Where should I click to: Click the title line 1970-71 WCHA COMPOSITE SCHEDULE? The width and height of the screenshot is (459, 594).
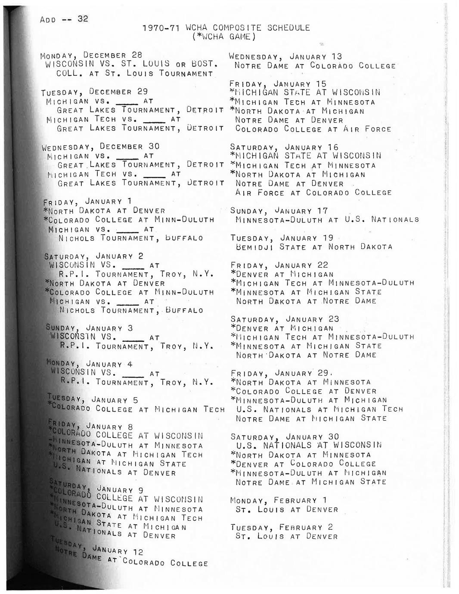[226, 28]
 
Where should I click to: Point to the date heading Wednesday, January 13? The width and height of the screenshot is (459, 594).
[285, 56]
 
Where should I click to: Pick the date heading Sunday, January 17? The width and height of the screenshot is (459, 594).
[279, 211]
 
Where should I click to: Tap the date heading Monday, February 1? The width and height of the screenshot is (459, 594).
[279, 501]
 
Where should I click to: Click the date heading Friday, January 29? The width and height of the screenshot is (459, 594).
[280, 373]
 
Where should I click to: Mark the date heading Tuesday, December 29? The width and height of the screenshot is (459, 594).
[94, 92]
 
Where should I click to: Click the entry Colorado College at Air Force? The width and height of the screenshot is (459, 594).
[313, 129]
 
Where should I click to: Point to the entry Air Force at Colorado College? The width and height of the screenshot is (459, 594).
[313, 193]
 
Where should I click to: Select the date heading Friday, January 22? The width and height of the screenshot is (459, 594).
[279, 265]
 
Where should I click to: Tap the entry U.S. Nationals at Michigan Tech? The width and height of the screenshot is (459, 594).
[319, 409]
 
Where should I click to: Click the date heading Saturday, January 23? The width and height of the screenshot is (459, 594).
[285, 319]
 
